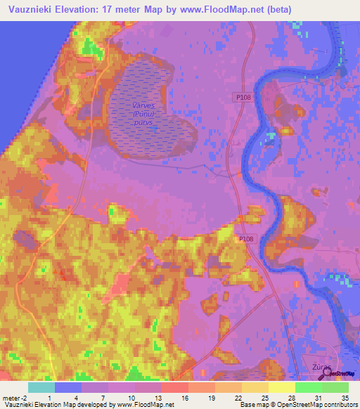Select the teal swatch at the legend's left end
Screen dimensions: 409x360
[x=41, y=387]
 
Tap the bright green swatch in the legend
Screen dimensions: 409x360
[x=308, y=387]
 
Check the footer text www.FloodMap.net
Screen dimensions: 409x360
[x=144, y=405]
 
